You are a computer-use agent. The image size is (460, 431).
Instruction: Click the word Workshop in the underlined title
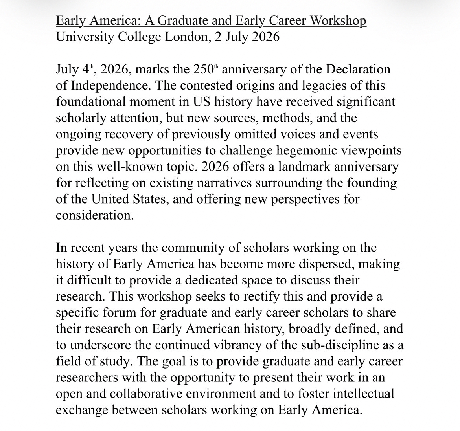[337, 20]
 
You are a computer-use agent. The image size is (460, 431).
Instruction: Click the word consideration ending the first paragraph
[95, 216]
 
